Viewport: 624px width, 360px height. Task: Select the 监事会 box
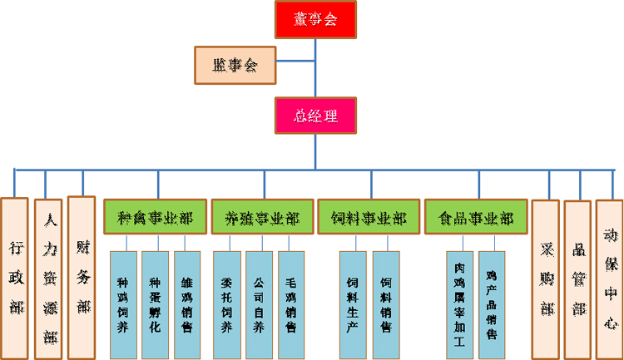coord(235,66)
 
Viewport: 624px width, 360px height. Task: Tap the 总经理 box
coord(316,116)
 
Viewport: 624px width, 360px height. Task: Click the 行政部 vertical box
coord(15,278)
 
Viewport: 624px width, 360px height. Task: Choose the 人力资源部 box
coord(48,278)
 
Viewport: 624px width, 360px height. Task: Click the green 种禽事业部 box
coord(155,218)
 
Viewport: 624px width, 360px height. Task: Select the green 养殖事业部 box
coord(262,218)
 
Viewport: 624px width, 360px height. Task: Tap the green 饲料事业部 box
coord(369,218)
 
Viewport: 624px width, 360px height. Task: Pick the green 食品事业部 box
coord(476,218)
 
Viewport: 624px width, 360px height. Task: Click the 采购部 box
coord(546,276)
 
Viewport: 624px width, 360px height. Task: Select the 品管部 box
coord(577,276)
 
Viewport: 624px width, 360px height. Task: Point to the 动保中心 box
coord(609,276)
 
